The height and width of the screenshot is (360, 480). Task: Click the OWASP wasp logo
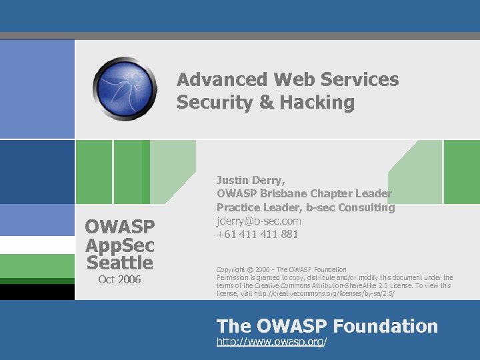pos(125,89)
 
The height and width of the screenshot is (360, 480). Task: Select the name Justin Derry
pos(251,180)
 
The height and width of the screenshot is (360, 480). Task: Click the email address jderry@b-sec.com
pos(259,221)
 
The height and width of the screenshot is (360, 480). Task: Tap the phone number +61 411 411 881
pos(257,234)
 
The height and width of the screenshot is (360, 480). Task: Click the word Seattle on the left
pos(119,262)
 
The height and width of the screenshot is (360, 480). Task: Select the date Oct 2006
pos(119,279)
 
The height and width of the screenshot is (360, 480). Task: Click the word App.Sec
pos(119,245)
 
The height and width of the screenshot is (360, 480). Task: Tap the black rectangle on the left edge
pos(37,292)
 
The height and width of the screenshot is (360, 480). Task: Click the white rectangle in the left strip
pos(37,245)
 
